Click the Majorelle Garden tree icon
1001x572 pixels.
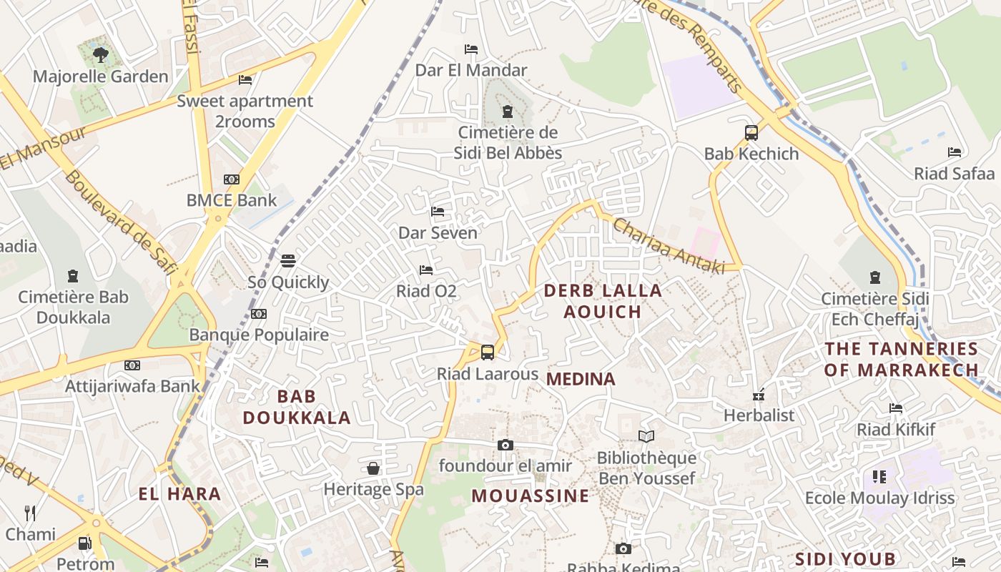coord(101,54)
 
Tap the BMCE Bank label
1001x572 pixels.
coord(231,200)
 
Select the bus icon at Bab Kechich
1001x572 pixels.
coord(751,132)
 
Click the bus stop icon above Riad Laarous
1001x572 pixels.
coord(487,352)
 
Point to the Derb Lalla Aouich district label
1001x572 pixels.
coord(603,301)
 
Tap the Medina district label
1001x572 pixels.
coord(581,379)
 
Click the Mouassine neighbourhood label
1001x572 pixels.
coord(531,495)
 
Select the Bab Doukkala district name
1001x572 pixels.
coord(297,407)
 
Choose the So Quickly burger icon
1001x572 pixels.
coord(288,261)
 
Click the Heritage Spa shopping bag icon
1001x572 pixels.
coord(373,469)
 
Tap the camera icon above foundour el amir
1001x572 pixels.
coord(506,445)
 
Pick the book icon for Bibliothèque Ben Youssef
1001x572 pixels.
coord(646,436)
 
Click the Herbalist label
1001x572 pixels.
coord(759,415)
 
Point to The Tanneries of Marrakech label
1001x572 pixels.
coord(901,359)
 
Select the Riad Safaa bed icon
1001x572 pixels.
coord(954,152)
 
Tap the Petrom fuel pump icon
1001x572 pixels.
coord(84,543)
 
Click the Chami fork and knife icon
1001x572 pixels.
coord(30,513)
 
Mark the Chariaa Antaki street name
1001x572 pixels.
coord(669,245)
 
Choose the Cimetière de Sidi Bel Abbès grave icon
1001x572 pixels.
coord(508,112)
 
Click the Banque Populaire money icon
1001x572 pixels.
coord(259,314)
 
